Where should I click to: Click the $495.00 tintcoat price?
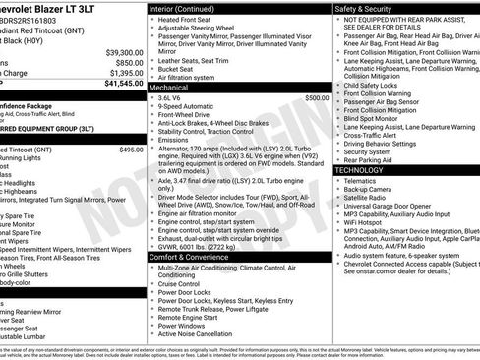pyautogui.click(x=131, y=150)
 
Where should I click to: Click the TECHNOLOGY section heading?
pyautogui.click(x=366, y=170)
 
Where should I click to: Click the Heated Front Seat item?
pyautogui.click(x=187, y=20)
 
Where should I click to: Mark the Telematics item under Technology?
pyautogui.click(x=363, y=181)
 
